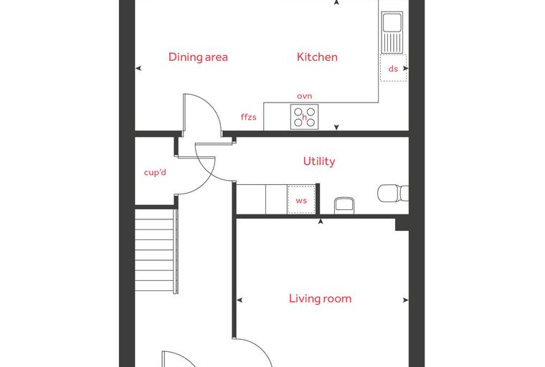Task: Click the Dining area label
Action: [x=198, y=57]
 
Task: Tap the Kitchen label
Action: [x=317, y=57]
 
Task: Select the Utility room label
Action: [x=319, y=161]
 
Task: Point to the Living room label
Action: [x=320, y=298]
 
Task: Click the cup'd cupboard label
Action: [x=155, y=172]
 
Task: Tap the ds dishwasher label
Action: [x=393, y=69]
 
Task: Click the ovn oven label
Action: [x=305, y=96]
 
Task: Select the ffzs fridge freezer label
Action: [x=249, y=117]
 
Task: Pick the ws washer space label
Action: [x=301, y=201]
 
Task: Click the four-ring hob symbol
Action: [x=305, y=117]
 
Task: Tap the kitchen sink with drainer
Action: [x=392, y=32]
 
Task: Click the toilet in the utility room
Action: [x=393, y=194]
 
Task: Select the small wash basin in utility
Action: [x=344, y=206]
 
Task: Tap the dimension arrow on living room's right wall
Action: [x=406, y=300]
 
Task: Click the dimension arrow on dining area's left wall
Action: [x=138, y=69]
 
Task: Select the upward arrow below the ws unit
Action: [x=321, y=221]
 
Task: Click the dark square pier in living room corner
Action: [x=402, y=224]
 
